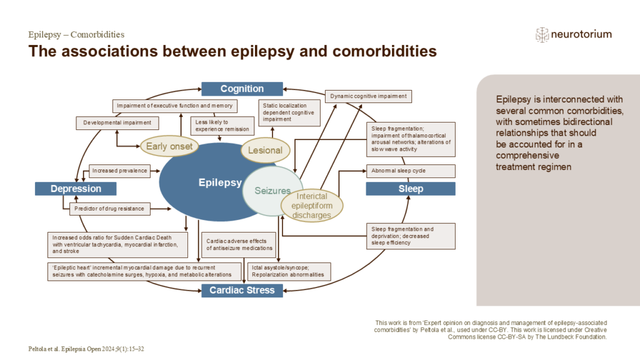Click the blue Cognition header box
tap(242, 89)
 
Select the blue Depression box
tap(76, 188)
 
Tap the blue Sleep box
tap(411, 188)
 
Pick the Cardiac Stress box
tap(242, 290)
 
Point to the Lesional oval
tap(266, 150)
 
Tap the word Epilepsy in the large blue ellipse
tap(219, 182)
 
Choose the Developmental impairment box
tap(117, 122)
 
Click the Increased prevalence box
tap(119, 170)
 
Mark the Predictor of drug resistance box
tap(109, 209)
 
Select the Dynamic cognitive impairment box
tap(369, 96)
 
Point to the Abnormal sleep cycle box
tap(411, 171)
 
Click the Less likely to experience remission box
tap(222, 126)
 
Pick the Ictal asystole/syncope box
tap(289, 271)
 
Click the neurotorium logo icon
tap(542, 35)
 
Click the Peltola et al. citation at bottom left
tap(87, 348)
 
